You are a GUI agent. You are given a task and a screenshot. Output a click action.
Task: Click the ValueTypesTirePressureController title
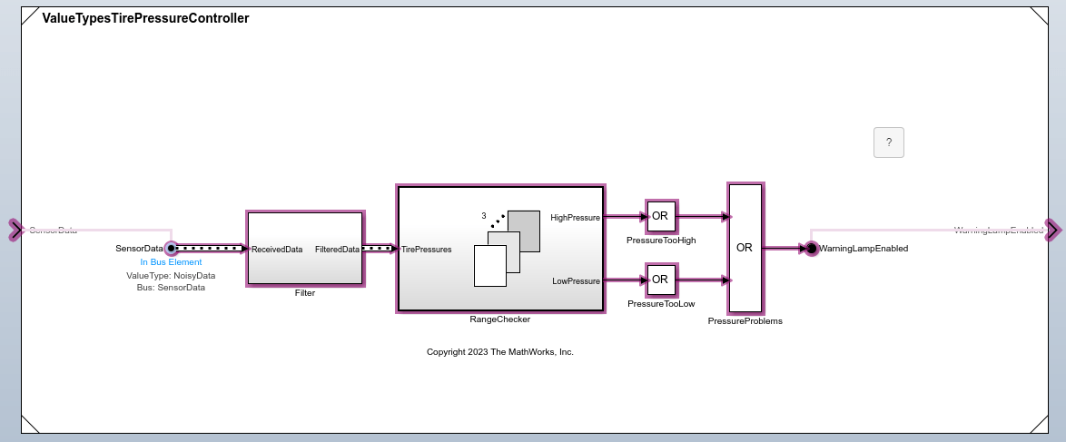click(145, 18)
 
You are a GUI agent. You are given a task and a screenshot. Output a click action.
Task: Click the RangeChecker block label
click(499, 319)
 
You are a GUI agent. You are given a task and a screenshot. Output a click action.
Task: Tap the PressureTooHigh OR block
click(660, 216)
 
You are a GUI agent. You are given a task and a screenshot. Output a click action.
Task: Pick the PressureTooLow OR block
click(660, 280)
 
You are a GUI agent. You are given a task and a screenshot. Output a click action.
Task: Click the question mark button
click(889, 142)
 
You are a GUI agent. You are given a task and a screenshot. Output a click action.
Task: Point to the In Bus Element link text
click(171, 262)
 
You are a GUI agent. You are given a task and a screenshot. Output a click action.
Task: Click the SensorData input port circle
click(171, 248)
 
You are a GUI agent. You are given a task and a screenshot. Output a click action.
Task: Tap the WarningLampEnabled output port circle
click(811, 248)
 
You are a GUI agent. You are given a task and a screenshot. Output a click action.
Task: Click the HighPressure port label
click(575, 217)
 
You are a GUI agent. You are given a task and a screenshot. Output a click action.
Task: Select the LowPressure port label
click(576, 281)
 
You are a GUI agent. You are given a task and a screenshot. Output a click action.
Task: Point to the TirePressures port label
click(427, 249)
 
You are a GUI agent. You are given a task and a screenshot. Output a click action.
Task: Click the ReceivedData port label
click(277, 249)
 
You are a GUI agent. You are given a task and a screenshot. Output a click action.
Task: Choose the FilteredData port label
click(337, 249)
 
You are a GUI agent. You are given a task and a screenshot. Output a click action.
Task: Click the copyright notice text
click(500, 351)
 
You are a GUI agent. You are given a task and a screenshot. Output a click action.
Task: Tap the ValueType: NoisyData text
click(171, 275)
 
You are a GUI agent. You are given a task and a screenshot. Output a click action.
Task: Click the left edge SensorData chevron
click(15, 230)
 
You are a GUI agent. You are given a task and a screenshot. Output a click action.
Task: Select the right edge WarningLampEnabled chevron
click(1051, 230)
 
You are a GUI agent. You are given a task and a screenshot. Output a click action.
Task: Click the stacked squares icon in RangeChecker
click(506, 248)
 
